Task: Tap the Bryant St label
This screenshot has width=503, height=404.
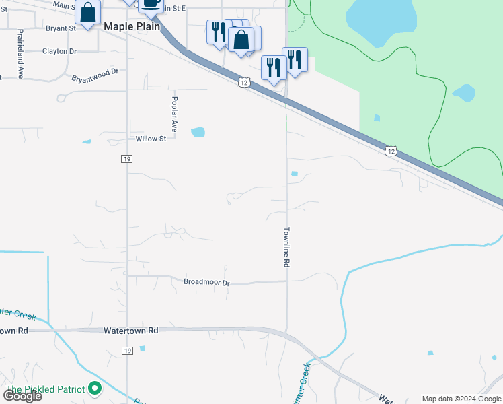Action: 61,28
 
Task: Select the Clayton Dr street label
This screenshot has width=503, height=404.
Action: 59,51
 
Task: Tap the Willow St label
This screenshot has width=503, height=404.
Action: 151,139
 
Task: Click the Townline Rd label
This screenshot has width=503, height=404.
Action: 286,247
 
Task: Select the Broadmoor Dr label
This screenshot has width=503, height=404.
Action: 206,282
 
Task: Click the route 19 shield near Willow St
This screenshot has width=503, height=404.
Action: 126,158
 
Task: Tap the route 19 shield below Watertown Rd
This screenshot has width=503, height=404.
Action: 127,351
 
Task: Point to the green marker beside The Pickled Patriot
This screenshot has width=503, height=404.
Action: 95,388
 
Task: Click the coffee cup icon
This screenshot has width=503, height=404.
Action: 151,3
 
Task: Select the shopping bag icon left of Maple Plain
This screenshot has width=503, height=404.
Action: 87,13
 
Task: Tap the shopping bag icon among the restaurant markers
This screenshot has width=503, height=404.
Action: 241,39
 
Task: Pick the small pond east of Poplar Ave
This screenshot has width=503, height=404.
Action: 198,132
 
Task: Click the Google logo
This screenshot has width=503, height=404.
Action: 23,396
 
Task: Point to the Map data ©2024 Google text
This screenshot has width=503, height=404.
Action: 461,399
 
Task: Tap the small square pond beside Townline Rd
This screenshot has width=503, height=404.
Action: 295,174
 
